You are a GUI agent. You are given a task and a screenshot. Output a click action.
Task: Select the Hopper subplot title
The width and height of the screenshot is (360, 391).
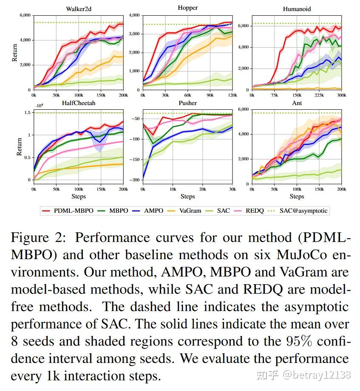click(187, 8)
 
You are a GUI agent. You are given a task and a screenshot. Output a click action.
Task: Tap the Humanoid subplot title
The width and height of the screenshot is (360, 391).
click(297, 9)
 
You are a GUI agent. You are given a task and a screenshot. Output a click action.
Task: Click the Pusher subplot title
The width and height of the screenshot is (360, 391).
click(187, 103)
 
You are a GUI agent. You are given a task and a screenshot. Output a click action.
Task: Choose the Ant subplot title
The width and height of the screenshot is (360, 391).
click(297, 103)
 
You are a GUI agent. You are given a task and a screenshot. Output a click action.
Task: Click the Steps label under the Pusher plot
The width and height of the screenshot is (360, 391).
click(187, 197)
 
